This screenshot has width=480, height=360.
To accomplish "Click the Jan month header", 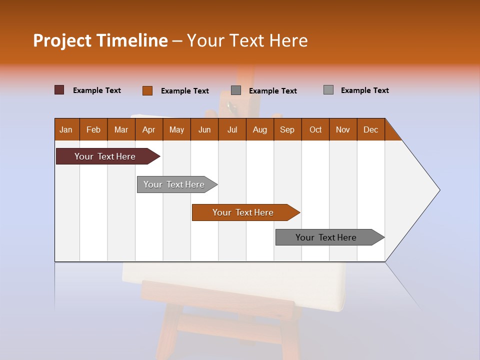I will coord(66,129).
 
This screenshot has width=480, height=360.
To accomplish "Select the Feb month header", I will coord(93,129).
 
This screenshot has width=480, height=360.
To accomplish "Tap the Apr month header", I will coord(148,129).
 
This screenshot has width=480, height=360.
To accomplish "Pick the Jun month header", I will coord(204,129).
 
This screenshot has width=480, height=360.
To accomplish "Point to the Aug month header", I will coord(259,129).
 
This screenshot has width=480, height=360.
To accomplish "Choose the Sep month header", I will coord(287,129).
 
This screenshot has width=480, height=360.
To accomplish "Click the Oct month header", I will coord(315,129).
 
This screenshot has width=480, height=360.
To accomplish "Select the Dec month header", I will coord(370,129).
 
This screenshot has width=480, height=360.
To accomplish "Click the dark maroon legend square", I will coord(59,90).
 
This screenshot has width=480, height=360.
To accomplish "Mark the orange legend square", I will coord(147,90).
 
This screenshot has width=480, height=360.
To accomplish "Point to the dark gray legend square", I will coord(236,90).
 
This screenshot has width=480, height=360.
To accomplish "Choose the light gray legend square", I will coord(328,90).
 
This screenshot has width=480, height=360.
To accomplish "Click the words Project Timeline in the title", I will coord(100,40).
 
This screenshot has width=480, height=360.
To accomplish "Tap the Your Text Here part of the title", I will coord(247,40).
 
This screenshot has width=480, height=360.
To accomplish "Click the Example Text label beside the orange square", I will coord(184,91).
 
